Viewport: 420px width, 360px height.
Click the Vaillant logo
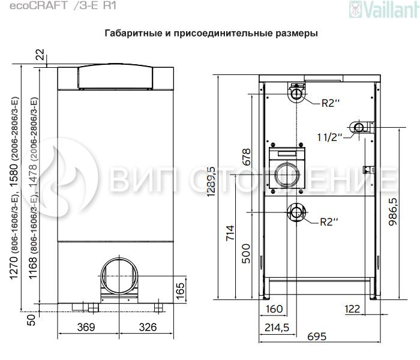384,9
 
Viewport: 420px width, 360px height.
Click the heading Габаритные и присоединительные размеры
211,33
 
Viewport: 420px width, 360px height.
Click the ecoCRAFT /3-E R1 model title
63,5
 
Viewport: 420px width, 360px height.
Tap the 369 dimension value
86,327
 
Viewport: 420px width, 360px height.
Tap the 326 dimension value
148,327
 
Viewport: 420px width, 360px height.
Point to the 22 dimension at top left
40,55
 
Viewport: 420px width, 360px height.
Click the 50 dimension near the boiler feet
31,320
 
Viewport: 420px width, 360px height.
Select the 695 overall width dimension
317,337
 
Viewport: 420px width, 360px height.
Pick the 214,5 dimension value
277,327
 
